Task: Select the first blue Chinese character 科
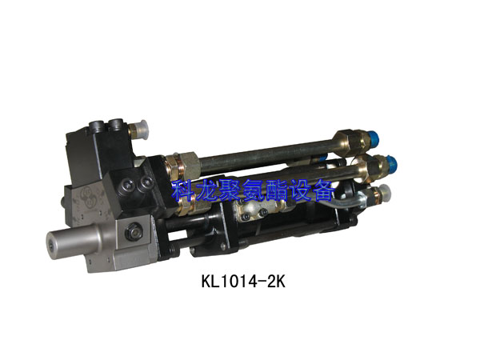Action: (x=184, y=190)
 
